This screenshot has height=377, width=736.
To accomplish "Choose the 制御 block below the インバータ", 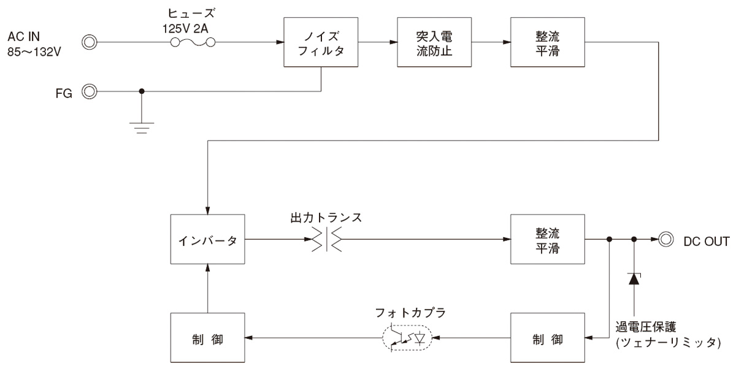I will [208, 338].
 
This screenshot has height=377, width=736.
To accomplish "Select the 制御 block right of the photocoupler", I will [546, 338].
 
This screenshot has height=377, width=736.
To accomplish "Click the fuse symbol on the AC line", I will [191, 42].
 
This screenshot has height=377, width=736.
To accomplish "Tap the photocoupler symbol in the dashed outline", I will [407, 338].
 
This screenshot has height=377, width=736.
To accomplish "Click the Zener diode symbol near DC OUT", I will [634, 278].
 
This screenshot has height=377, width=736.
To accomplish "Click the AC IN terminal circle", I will [90, 42].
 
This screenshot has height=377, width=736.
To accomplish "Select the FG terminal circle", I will [90, 92].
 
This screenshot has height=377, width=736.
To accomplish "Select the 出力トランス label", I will [328, 218].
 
